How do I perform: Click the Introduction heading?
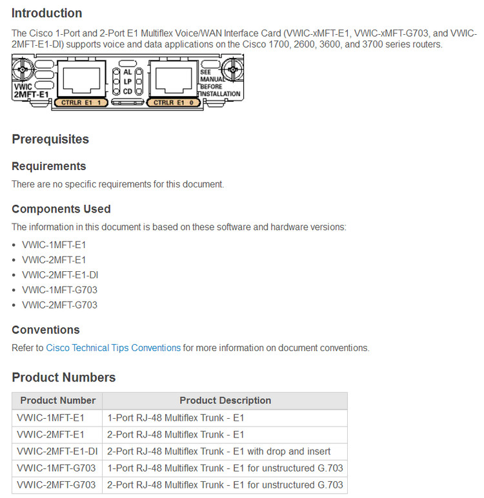click(46, 13)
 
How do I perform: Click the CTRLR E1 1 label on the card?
click(81, 102)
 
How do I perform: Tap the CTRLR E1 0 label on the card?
click(173, 102)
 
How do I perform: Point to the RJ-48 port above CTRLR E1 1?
click(81, 77)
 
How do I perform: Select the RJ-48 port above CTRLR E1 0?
click(172, 77)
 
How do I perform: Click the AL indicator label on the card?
click(127, 72)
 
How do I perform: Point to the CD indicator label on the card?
click(127, 91)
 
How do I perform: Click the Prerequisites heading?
click(50, 139)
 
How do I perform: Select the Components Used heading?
click(61, 209)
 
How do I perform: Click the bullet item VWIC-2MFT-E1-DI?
click(59, 275)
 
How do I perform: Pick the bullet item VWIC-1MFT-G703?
click(59, 290)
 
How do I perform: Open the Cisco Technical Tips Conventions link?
click(113, 348)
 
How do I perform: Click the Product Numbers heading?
click(64, 378)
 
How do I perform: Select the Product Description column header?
click(225, 401)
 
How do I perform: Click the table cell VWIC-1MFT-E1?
click(51, 417)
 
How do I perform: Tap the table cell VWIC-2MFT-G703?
click(56, 484)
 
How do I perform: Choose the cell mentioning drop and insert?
click(219, 451)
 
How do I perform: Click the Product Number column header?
click(57, 401)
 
